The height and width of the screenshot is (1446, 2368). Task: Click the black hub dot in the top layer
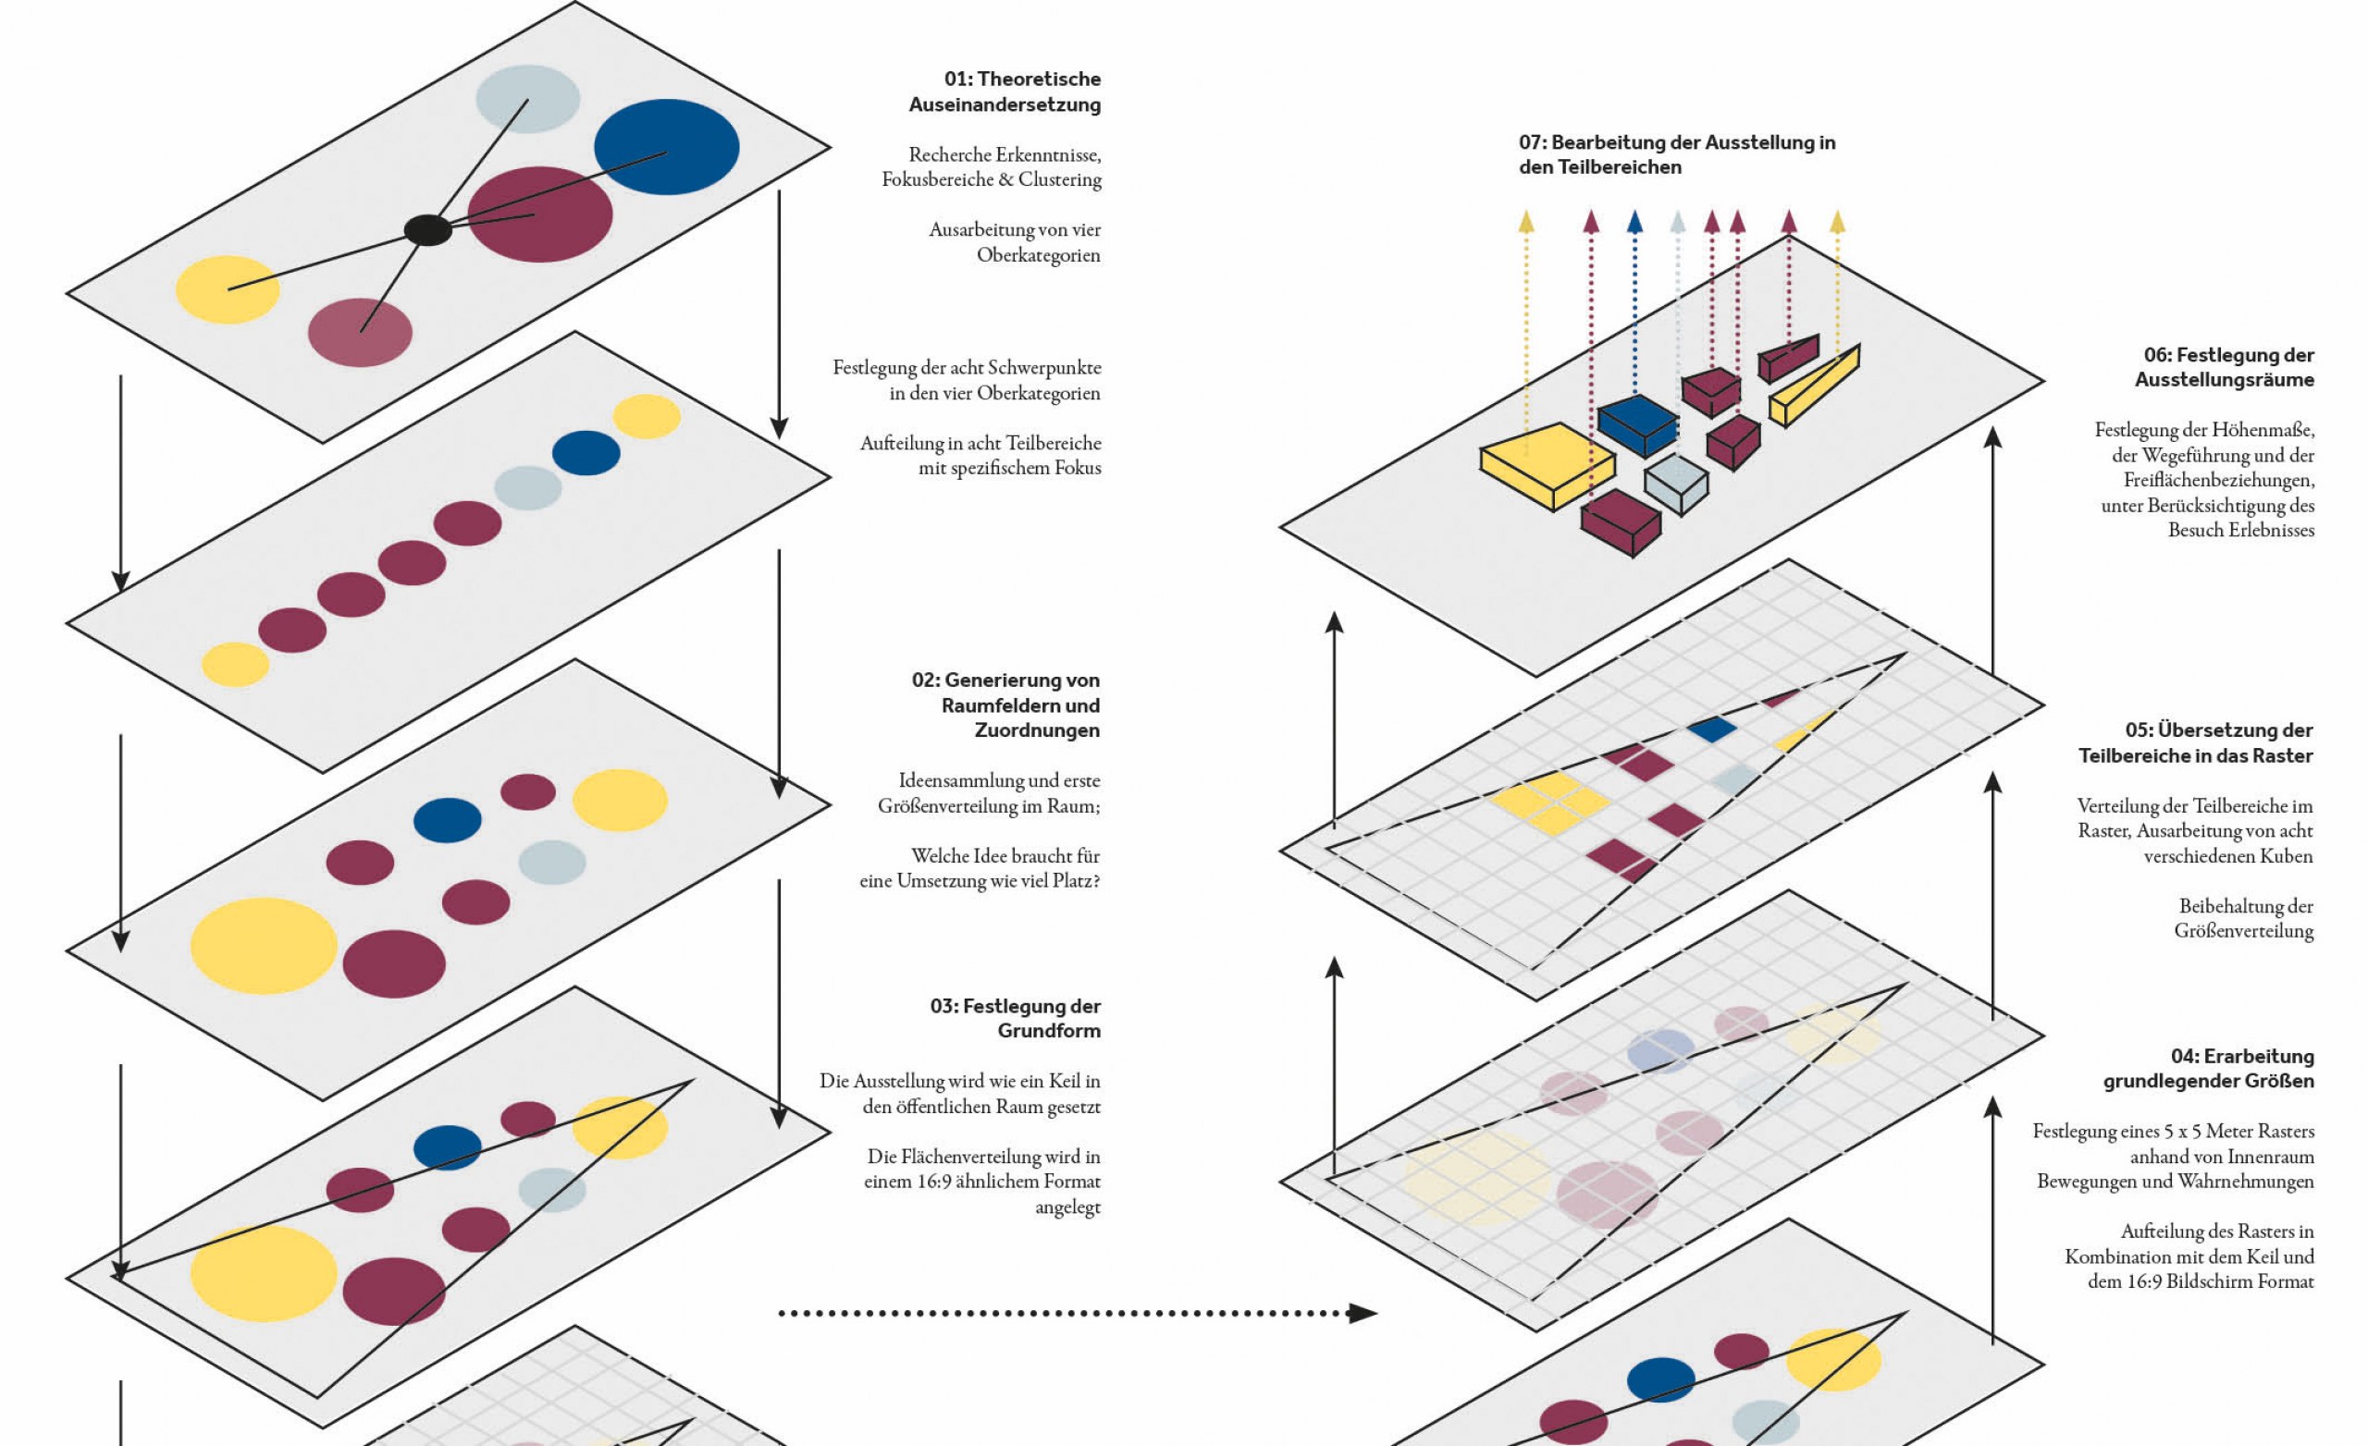coord(427,229)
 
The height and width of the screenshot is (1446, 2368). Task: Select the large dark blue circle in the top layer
coord(666,147)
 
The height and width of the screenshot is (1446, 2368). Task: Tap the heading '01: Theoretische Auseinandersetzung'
coord(1005,92)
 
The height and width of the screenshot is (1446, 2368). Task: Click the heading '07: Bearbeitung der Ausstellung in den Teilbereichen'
coord(1677,154)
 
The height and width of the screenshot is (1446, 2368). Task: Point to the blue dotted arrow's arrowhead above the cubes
coord(1634,222)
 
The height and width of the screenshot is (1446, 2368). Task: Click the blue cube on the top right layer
coord(1638,424)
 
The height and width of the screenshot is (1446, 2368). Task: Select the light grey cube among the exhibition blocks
coord(1676,484)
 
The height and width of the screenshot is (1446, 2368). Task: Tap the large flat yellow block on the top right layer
coord(1548,466)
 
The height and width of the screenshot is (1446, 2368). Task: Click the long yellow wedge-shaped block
coord(1815,386)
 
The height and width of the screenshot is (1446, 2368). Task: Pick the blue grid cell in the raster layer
coord(1711,729)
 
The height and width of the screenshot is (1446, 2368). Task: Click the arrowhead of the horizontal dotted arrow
coord(1363,1313)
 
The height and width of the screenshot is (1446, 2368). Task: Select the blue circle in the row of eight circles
coord(586,452)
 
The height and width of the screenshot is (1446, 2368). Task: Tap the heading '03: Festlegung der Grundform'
coord(1015,1018)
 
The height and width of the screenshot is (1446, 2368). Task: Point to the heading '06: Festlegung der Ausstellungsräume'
coord(2224,367)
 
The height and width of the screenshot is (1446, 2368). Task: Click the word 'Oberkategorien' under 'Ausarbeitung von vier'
coord(1039,254)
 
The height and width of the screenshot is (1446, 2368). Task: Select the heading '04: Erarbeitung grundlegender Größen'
coord(2209,1069)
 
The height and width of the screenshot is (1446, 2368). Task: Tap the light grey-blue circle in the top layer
coord(527,98)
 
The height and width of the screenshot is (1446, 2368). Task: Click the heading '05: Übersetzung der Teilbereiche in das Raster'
coord(2195,742)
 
